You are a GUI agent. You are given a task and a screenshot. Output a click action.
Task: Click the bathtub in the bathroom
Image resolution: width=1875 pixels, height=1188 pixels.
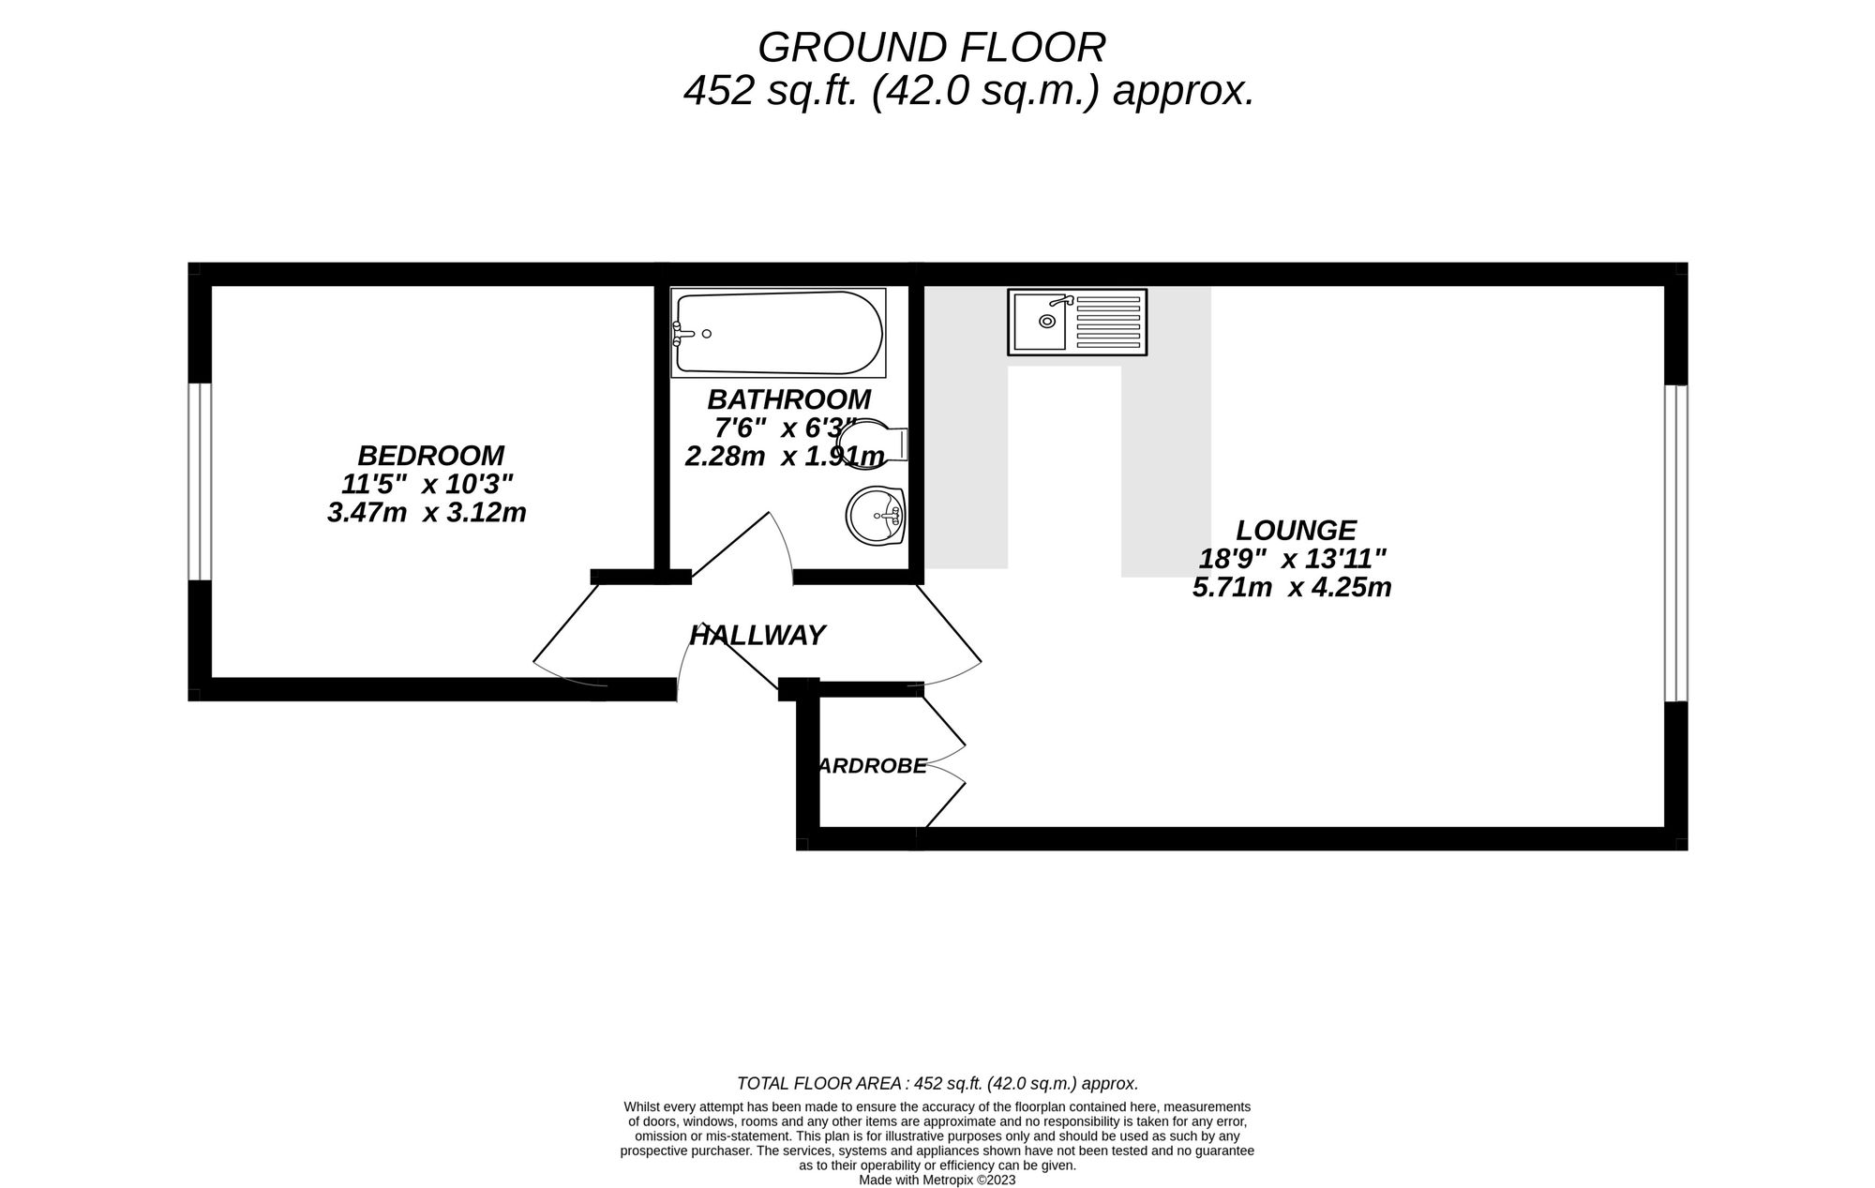778,333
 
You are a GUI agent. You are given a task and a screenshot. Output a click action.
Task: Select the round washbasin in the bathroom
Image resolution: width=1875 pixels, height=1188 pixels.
875,515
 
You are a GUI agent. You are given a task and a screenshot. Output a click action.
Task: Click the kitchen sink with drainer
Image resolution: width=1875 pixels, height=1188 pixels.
1077,322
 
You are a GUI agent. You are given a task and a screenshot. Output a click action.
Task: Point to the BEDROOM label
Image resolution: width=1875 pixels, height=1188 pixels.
430,456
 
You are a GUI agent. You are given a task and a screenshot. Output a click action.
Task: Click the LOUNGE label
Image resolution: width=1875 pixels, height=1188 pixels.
1296,531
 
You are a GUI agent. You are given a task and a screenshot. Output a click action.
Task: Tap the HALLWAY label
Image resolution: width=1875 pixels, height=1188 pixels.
757,636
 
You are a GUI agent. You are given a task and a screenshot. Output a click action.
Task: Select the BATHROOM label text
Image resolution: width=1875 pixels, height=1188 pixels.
788,399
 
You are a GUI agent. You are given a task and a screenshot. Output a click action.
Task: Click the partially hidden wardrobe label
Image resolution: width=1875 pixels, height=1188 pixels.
872,766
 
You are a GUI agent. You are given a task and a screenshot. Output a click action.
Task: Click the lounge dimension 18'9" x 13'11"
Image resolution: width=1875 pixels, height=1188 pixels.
1293,560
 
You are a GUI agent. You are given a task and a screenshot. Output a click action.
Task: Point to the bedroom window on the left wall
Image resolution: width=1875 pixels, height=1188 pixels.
199,481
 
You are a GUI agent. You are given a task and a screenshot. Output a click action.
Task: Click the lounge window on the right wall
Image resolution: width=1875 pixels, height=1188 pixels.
1675,543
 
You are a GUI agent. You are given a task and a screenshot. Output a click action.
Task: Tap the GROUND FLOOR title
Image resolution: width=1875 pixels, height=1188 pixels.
931,47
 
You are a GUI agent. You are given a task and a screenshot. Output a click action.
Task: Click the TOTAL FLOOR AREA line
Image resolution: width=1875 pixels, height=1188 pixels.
937,1084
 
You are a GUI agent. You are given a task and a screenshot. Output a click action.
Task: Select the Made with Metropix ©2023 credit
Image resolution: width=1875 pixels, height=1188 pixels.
937,1180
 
